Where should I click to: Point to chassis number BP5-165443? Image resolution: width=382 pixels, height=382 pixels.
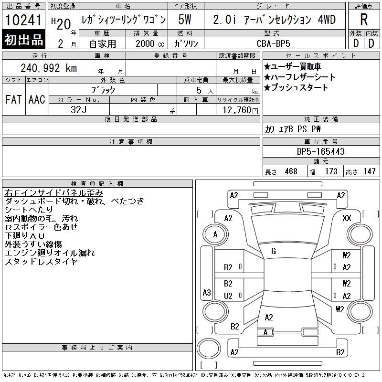coord(320,152)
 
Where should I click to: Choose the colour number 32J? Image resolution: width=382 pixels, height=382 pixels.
coord(79,109)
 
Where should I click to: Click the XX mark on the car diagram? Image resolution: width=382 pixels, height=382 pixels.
coord(347,218)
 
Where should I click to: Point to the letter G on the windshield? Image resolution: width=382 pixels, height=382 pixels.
coord(273,252)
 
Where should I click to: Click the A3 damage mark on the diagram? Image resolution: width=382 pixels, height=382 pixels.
coord(207,292)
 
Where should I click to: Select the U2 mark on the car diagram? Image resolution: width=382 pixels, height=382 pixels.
coord(228,296)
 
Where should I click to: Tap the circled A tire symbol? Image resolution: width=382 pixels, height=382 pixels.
coord(215,235)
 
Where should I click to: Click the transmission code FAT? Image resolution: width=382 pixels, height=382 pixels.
coord(13,100)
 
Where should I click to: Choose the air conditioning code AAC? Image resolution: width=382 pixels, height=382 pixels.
coord(37,100)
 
